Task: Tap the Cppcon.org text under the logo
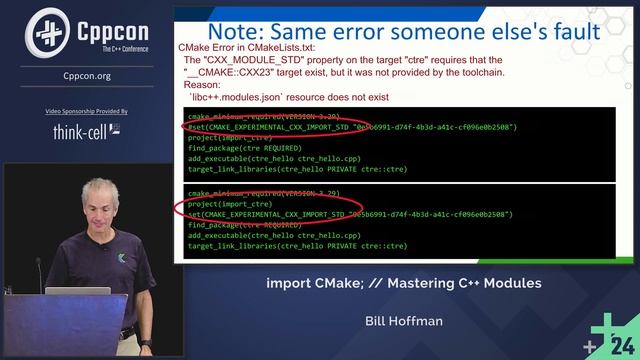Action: click(x=87, y=75)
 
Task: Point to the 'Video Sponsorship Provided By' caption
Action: click(x=87, y=111)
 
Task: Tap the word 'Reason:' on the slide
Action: click(x=202, y=85)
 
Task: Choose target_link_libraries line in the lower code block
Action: click(x=297, y=245)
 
